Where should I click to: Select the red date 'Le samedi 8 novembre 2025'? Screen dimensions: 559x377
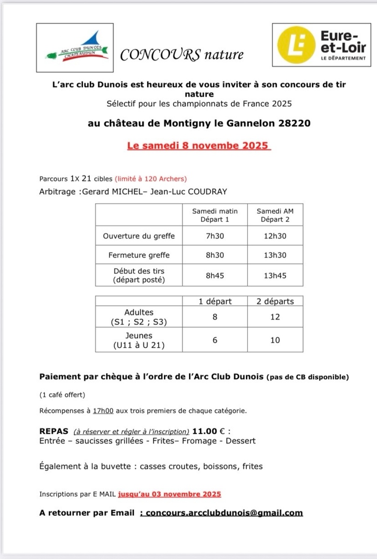[x=198, y=145]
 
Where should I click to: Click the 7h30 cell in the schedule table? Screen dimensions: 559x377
[x=215, y=236]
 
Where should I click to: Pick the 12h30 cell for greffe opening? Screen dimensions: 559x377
[x=275, y=236]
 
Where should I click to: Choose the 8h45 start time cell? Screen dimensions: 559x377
[x=215, y=275]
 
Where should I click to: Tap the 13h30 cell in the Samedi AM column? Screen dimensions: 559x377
[x=275, y=255]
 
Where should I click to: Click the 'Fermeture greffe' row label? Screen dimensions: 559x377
[x=139, y=255]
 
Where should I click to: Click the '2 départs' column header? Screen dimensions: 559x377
[x=275, y=301]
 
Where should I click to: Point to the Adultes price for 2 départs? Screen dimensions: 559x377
[x=275, y=317]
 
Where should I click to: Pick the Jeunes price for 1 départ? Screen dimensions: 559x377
[x=215, y=340]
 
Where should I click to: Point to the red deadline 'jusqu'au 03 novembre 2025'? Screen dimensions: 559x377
[x=169, y=494]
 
